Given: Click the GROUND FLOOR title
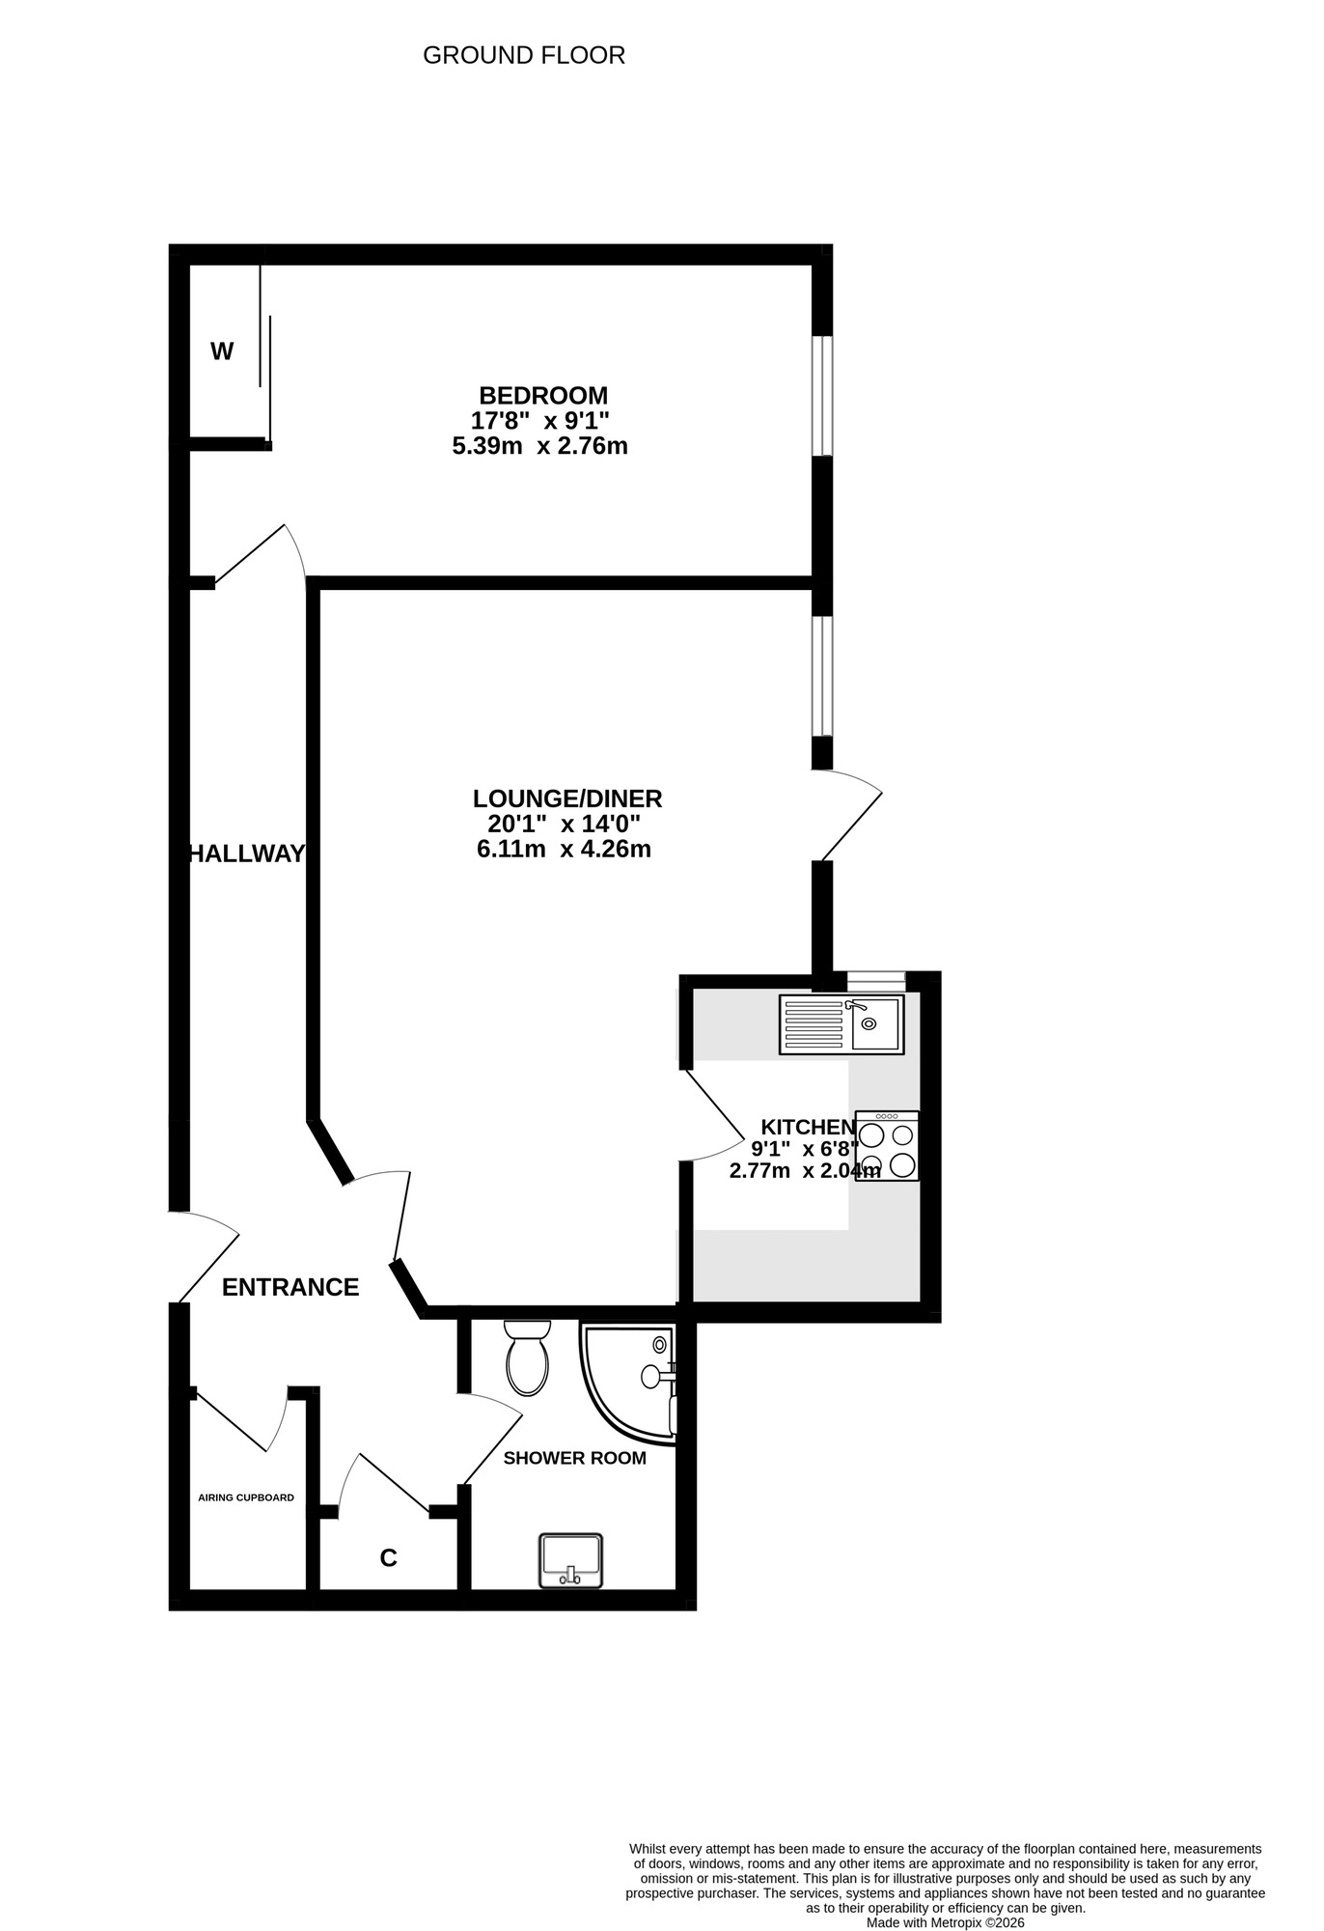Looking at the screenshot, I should tap(524, 56).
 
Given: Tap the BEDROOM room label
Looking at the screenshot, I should tap(543, 395).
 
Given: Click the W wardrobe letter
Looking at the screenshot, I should tap(222, 351).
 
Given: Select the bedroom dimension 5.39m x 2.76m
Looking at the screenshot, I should tap(539, 446).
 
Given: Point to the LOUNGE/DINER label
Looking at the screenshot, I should tap(567, 798).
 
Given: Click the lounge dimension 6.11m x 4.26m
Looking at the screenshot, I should tap(564, 850).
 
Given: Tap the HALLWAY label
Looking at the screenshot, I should tap(247, 854).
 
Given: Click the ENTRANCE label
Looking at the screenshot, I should tap(290, 1287).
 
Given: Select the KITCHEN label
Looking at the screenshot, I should tap(808, 1127).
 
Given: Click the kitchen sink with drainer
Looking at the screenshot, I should tap(841, 1024).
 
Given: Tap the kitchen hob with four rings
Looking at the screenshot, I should tap(887, 1146).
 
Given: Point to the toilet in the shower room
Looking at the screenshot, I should tap(527, 1357).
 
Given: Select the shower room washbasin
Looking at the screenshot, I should tap(570, 1560).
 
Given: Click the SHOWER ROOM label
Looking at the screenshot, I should tap(574, 1458).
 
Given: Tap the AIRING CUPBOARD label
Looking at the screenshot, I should tap(246, 1497).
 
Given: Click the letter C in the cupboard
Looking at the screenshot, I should tap(388, 1558).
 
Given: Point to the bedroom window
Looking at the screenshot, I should tap(822, 396).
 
